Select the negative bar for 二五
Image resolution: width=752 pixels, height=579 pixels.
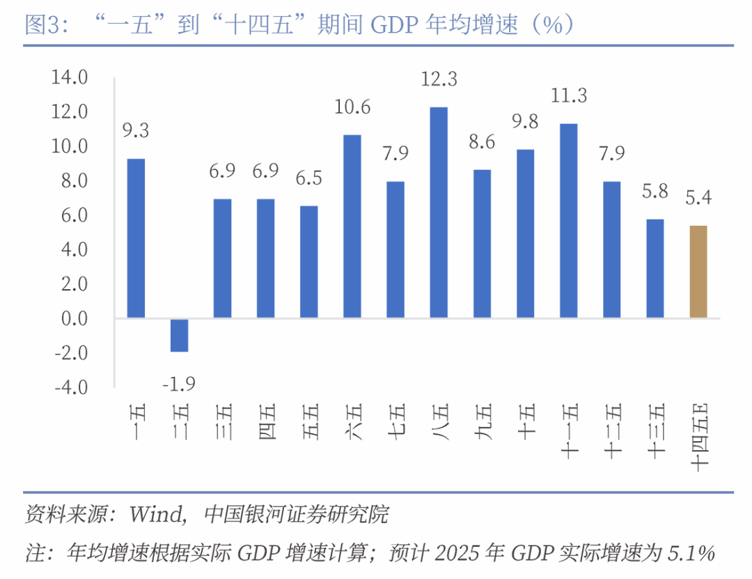click(x=180, y=335)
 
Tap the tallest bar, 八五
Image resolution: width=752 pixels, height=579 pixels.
click(x=439, y=213)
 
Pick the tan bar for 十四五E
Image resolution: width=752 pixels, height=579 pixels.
click(x=698, y=272)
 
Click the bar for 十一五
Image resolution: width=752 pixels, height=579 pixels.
click(x=569, y=221)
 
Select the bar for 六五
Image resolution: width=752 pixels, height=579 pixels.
click(x=352, y=226)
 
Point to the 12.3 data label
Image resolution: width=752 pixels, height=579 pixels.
click(x=439, y=80)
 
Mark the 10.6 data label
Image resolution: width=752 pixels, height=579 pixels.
click(x=352, y=108)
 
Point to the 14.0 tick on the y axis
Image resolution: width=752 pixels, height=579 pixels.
click(x=70, y=77)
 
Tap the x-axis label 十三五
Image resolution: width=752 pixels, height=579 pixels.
click(x=655, y=432)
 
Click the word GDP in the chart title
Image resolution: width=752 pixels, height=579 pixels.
click(x=395, y=26)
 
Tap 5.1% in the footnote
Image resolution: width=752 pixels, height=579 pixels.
click(x=691, y=553)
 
